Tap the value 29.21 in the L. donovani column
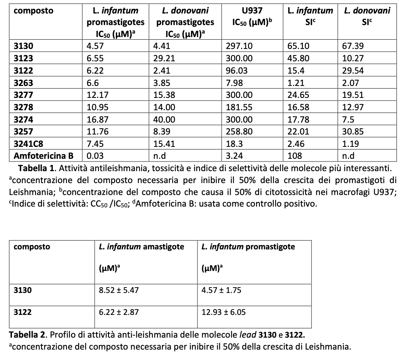(162, 59)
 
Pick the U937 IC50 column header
(252, 17)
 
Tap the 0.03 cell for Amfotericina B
(95, 156)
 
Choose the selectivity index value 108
(294, 156)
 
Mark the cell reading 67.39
(352, 46)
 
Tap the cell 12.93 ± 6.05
(224, 312)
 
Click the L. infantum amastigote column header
(141, 247)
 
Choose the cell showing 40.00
(162, 119)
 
